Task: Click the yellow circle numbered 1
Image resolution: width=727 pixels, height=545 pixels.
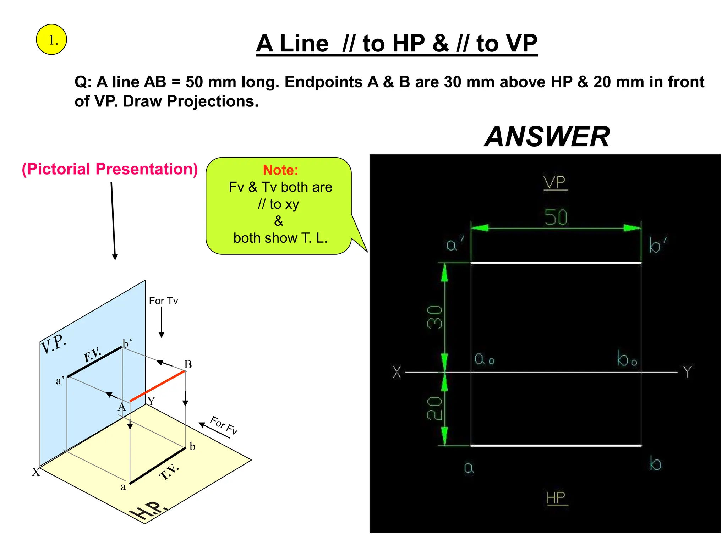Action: point(51,40)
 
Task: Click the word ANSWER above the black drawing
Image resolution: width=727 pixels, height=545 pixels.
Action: point(547,137)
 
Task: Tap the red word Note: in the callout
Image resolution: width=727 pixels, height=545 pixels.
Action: point(280,170)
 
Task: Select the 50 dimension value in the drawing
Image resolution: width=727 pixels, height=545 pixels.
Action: point(556,217)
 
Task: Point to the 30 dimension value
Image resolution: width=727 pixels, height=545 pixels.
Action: point(434,318)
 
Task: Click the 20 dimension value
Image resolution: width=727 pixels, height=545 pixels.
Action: point(434,408)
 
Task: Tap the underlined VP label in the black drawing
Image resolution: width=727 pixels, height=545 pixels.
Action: point(555,183)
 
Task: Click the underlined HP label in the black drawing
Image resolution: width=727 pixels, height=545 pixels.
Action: point(556,498)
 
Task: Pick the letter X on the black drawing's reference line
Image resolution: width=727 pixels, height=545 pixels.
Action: point(397,372)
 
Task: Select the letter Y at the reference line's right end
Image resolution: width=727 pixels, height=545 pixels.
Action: point(688,372)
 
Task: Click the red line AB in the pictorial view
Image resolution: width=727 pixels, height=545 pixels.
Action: point(157,386)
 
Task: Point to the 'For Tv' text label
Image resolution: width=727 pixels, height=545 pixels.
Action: point(163,301)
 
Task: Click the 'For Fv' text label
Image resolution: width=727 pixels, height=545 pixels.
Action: point(224,425)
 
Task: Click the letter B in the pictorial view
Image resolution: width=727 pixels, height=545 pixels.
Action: point(188,364)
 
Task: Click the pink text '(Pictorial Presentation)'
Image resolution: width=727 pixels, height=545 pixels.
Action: point(110,169)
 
